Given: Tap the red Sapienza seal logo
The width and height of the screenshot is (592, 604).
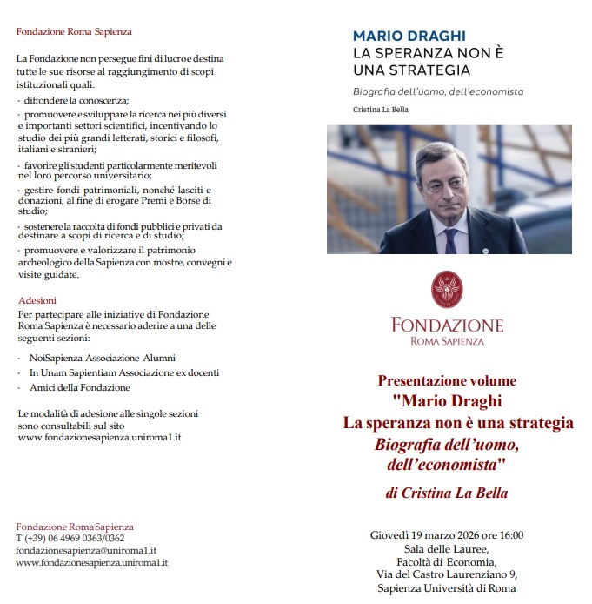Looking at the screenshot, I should (x=447, y=291).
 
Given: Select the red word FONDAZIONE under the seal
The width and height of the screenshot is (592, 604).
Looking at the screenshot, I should (x=447, y=325).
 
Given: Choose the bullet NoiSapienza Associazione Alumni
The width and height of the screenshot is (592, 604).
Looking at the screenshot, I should (x=102, y=358).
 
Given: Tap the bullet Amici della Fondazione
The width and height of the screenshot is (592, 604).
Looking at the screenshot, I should (x=79, y=387).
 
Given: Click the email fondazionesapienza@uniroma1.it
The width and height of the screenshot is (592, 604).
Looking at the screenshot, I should (x=85, y=551).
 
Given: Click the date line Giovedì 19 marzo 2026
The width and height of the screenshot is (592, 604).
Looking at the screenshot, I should (x=446, y=534).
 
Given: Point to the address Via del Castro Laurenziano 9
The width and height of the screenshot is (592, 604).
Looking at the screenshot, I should (x=447, y=574).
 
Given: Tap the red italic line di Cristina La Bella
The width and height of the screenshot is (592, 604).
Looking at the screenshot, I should (x=446, y=493).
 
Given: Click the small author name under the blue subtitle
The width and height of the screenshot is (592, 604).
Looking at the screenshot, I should (x=380, y=110).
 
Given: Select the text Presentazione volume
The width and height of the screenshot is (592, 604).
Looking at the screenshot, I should (x=447, y=380).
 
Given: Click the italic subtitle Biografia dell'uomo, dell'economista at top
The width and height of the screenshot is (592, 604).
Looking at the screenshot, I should (x=438, y=91).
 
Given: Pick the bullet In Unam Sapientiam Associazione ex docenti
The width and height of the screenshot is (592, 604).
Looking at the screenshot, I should (x=123, y=372).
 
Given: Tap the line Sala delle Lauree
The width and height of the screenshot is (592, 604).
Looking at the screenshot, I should (x=447, y=548).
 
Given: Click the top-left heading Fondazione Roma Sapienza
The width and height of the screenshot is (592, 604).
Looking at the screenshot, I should (x=74, y=32).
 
